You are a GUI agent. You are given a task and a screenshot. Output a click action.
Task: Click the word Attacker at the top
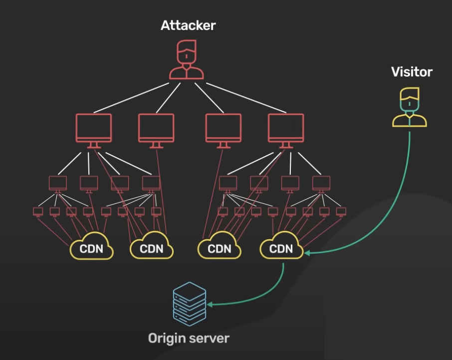coord(188,25)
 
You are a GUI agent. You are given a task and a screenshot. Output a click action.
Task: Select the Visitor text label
coord(412,72)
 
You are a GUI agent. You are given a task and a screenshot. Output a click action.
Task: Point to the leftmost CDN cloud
coord(92,247)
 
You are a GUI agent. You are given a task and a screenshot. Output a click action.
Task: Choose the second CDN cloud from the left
coord(151,247)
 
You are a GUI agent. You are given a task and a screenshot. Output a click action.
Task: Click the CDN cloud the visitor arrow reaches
coord(281,247)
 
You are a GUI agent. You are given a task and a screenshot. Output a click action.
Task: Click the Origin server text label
coord(189,339)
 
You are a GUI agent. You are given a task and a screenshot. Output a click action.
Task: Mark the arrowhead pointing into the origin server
coord(210,304)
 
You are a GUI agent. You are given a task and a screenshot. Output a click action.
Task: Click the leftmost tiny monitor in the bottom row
coord(38,211)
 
